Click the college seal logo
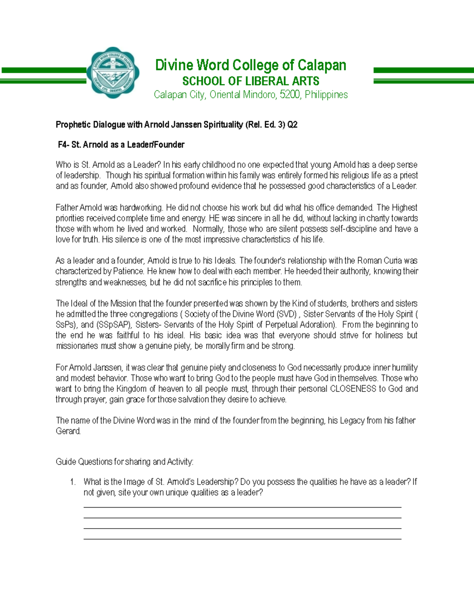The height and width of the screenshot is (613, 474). point(114,73)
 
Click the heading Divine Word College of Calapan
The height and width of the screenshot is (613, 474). point(250,65)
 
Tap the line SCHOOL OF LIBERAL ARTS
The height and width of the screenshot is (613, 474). point(250,81)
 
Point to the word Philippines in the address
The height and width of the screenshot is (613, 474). point(326,95)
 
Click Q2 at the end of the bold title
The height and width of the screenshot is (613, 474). point(292,125)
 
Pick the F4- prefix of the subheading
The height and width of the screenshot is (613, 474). point(64,145)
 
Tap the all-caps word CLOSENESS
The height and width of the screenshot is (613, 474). point(353,389)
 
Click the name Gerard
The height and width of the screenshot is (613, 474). point(68,431)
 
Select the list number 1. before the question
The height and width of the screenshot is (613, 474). point(73,482)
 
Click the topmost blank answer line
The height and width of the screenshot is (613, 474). point(242,507)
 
